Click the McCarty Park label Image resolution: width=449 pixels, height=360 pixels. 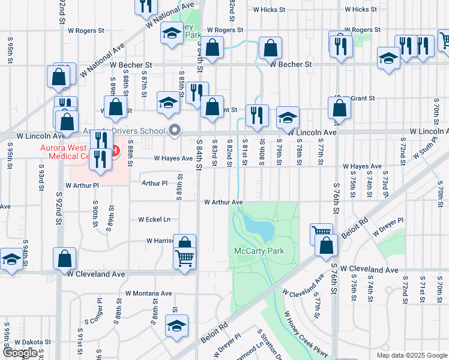click(x=259, y=251)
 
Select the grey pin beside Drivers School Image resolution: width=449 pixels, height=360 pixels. click(x=175, y=130)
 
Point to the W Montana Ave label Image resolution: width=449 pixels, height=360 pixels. click(x=148, y=294)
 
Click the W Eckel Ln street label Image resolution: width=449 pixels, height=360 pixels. click(x=154, y=220)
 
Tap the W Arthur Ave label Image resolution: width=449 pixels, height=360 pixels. click(x=223, y=203)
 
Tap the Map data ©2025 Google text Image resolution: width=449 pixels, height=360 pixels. click(x=412, y=355)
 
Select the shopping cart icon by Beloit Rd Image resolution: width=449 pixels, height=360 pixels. click(x=321, y=232)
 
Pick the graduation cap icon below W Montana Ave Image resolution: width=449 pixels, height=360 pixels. click(x=176, y=326)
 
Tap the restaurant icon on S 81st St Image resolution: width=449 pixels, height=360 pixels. click(x=257, y=115)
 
